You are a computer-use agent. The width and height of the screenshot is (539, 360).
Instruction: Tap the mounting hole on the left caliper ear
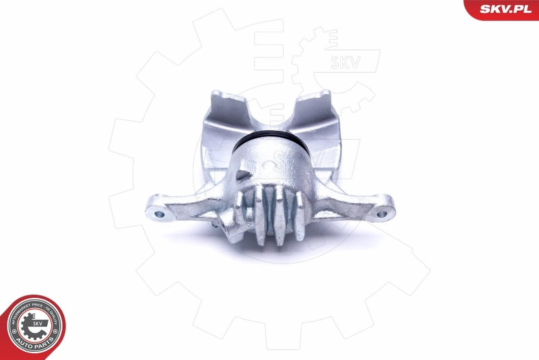point(160,214)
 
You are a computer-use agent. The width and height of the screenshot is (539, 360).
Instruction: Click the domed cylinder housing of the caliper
point(274,169)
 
